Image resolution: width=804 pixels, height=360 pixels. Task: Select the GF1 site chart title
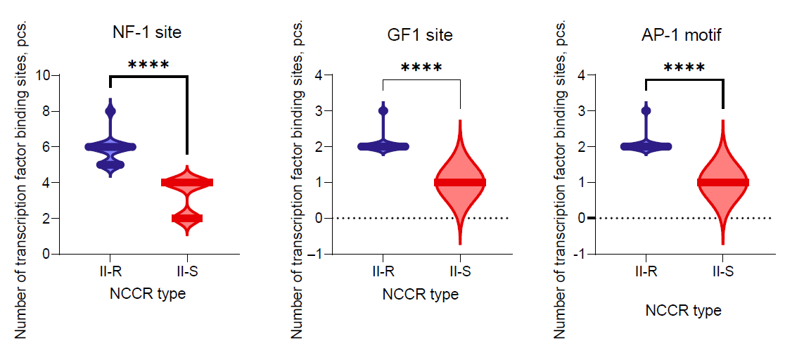[x=421, y=34]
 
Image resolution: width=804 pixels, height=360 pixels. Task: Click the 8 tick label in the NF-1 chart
[x=46, y=111]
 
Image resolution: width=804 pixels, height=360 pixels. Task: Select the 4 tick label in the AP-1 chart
[x=581, y=75]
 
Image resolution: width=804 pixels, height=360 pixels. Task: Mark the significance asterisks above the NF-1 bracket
[x=148, y=65]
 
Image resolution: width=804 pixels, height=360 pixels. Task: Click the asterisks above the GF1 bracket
[x=421, y=68]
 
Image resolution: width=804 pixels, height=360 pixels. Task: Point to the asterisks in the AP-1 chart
[x=684, y=68]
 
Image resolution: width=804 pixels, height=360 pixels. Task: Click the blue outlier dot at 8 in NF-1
[x=110, y=111]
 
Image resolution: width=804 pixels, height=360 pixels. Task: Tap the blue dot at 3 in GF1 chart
[x=383, y=111]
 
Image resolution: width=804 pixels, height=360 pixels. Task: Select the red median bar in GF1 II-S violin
[x=459, y=182]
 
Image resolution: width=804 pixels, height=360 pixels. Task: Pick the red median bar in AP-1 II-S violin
[x=722, y=182]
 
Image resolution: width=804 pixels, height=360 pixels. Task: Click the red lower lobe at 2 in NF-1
[x=186, y=218]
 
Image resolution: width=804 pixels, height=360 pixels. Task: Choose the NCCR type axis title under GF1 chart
[x=421, y=294]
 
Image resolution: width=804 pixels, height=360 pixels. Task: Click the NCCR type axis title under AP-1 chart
[x=684, y=310]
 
